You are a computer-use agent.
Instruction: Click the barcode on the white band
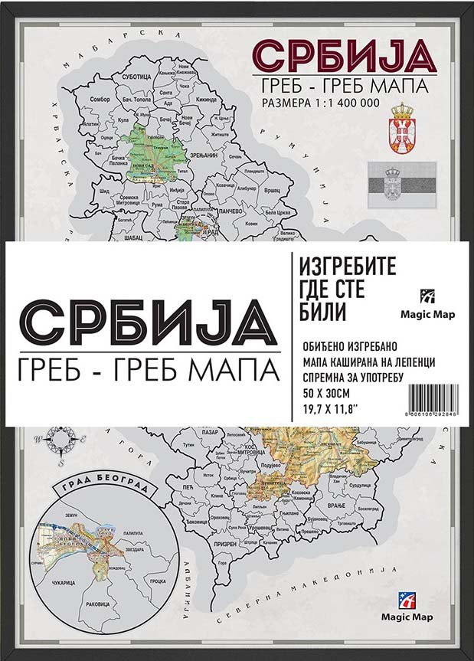pos(434,399)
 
